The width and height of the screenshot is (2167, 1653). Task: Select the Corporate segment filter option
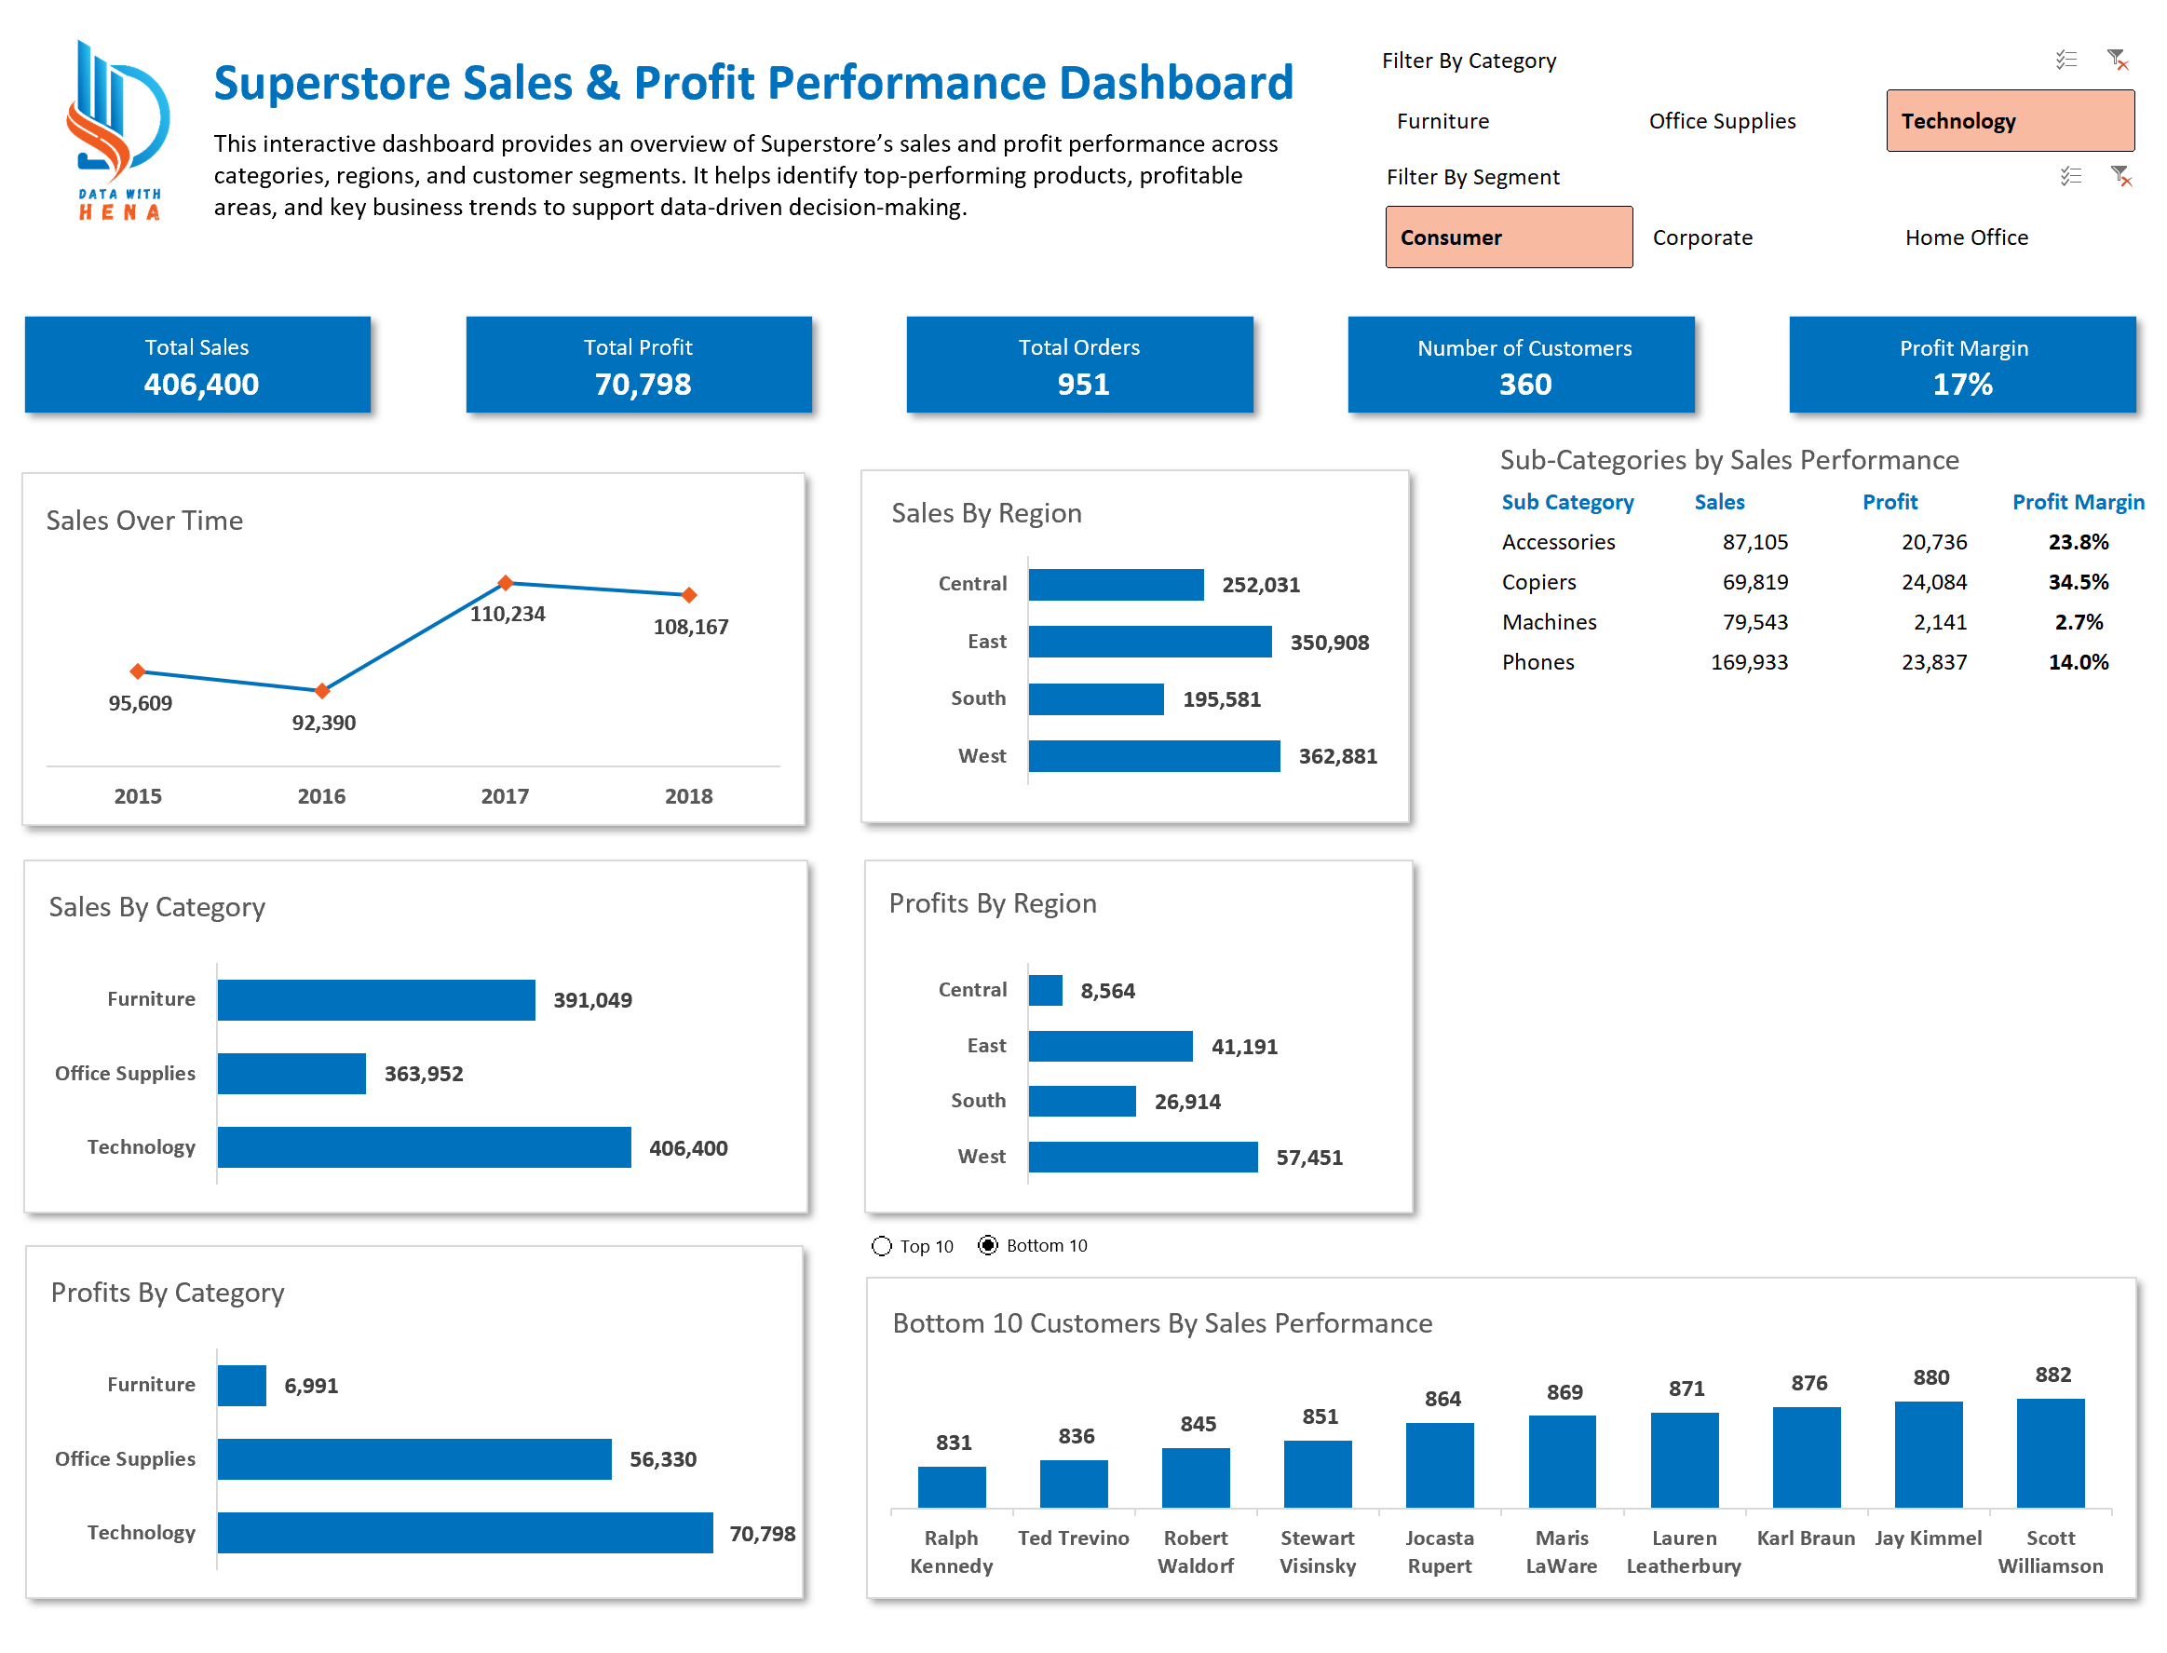tap(1701, 237)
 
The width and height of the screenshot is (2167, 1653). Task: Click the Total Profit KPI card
tap(639, 365)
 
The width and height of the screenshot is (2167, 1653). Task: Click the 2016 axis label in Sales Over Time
tap(320, 796)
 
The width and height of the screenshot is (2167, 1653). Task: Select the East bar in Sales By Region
tap(1149, 643)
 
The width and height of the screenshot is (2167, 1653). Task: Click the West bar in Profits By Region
tap(1142, 1157)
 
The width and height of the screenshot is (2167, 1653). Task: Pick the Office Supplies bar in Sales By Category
tap(291, 1074)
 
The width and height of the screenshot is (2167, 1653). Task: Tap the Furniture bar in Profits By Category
tap(241, 1386)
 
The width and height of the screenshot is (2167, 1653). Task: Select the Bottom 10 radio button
tap(988, 1246)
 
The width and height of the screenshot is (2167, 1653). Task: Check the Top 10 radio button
tap(881, 1247)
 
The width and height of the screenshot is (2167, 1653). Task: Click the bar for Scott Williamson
tap(2050, 1454)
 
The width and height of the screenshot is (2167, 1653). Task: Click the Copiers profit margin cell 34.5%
tap(2078, 582)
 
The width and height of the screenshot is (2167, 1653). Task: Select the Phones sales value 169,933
tap(1749, 662)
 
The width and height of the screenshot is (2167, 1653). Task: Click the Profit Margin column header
tap(2078, 502)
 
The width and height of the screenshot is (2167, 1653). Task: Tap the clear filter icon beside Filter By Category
tap(2117, 60)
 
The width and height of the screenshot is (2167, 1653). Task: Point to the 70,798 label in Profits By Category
tap(763, 1534)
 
